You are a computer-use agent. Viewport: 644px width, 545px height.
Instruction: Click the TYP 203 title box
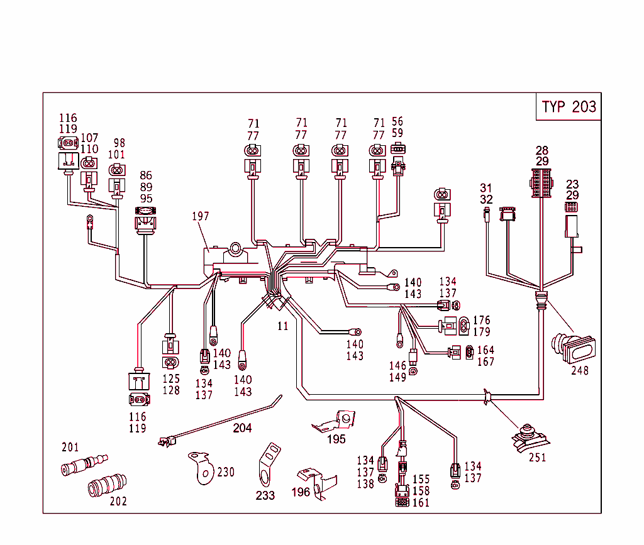point(569,106)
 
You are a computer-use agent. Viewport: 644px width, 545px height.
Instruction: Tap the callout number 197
point(201,216)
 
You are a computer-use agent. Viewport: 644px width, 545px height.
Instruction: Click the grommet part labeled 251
point(527,436)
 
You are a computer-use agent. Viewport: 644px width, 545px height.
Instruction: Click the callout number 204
point(242,428)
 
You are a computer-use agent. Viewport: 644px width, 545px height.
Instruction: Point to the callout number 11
point(282,326)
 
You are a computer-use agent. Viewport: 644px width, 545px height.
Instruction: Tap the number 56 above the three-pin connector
point(397,121)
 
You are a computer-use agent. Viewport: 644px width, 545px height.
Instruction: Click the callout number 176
point(482,320)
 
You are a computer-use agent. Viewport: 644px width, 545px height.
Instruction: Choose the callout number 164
point(486,350)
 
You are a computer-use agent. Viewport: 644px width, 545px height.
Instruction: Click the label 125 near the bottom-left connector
point(171,379)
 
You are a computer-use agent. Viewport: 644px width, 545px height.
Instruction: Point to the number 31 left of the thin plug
point(486,188)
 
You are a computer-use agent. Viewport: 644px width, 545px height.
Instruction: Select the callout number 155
point(421,480)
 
